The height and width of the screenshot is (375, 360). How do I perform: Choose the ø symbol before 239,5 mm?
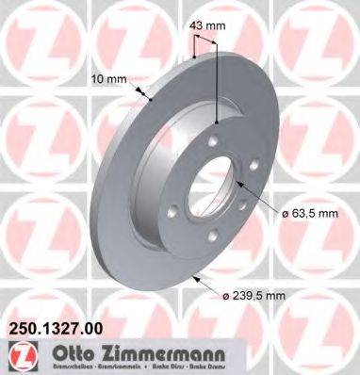pos(228,297)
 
